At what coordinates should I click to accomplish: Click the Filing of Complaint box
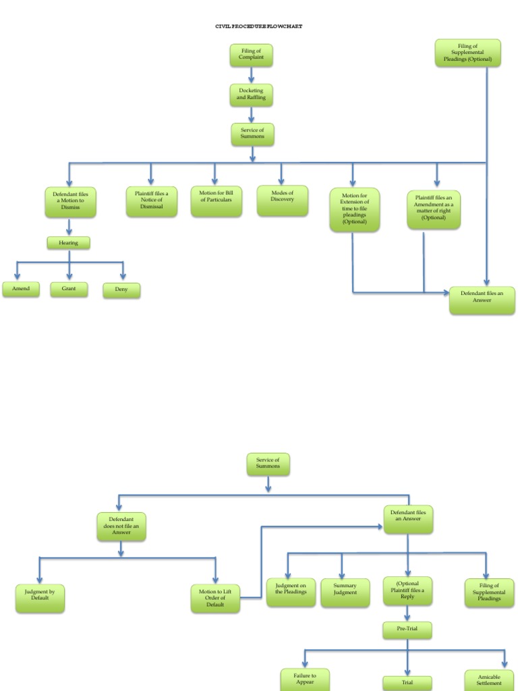252,55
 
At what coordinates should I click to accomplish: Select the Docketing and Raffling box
252,94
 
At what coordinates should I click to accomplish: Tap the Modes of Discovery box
282,200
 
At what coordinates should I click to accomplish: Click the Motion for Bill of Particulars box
216,201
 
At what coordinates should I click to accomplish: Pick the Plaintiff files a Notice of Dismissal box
152,201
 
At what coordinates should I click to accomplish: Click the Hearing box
68,242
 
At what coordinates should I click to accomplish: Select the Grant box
69,289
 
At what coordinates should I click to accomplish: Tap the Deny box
121,290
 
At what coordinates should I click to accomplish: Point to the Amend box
21,289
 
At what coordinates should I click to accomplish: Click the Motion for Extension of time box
355,209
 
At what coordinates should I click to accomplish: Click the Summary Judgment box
345,592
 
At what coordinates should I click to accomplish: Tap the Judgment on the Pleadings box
291,592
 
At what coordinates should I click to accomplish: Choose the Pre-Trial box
407,630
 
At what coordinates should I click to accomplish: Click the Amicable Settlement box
489,680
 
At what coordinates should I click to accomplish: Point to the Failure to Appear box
305,679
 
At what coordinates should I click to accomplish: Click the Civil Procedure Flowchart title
259,26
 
